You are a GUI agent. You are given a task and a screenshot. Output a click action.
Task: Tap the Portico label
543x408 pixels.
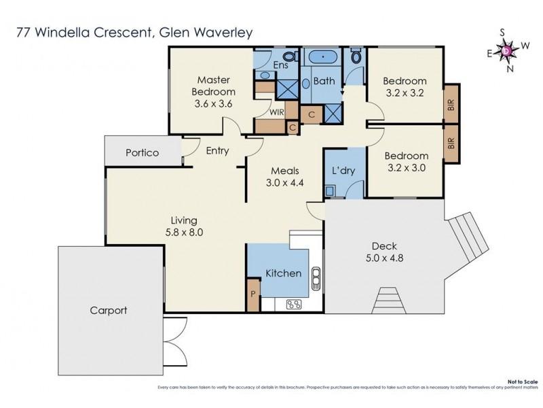(x=142, y=153)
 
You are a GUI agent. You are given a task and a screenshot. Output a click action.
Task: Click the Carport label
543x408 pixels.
(x=108, y=311)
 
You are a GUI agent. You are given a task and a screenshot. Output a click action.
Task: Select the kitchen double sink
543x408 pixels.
(x=316, y=277)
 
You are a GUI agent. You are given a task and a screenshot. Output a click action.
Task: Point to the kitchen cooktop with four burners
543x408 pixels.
(x=294, y=304)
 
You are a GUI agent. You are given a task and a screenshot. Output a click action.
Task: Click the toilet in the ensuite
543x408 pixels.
(x=289, y=56)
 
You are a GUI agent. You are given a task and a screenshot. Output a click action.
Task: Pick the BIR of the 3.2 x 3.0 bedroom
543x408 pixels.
(x=450, y=143)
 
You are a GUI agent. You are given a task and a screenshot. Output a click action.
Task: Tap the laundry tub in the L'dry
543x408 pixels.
(x=331, y=192)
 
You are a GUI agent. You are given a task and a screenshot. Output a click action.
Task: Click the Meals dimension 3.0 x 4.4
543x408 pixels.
(x=285, y=183)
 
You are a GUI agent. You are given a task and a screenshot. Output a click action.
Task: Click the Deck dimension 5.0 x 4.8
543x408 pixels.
(x=383, y=258)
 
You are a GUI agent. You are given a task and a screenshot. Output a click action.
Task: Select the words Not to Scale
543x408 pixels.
(x=520, y=384)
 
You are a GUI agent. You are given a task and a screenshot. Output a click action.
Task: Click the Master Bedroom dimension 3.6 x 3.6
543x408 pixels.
(x=213, y=104)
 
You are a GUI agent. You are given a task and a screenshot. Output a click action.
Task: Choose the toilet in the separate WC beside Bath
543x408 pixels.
(x=356, y=57)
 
